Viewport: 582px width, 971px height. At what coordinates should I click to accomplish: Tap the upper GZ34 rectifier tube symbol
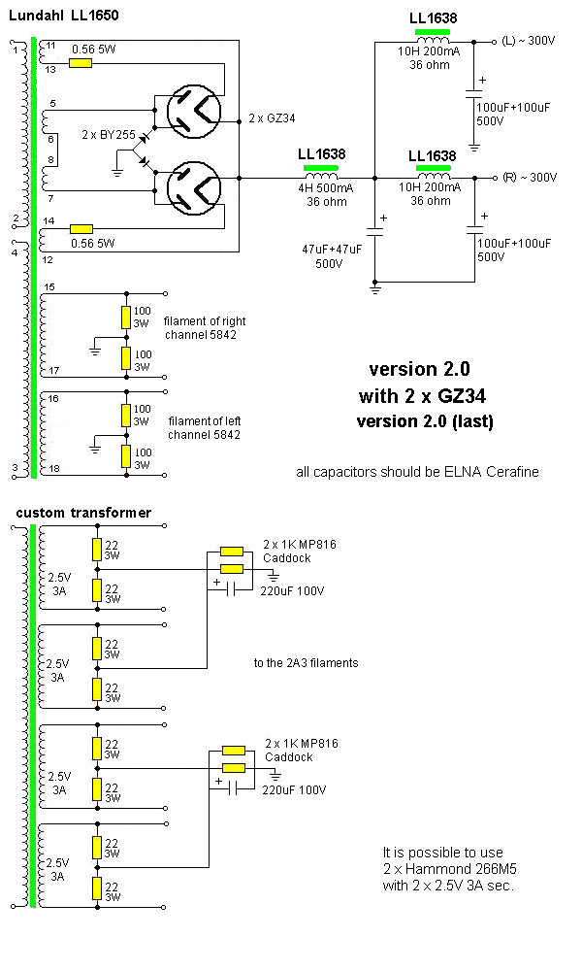pos(194,109)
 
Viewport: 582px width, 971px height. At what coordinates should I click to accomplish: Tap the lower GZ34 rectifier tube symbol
pos(194,186)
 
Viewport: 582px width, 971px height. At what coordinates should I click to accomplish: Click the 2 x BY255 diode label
pos(108,135)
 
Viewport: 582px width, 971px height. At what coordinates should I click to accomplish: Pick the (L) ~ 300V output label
pos(530,42)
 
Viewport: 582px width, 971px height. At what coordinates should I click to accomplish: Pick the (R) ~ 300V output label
pos(530,178)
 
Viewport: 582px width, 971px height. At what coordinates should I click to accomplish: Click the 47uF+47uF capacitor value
pos(332,249)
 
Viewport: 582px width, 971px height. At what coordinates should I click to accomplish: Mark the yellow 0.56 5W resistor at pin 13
pos(81,63)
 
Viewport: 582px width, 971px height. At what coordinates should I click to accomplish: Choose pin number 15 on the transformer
pos(50,286)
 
